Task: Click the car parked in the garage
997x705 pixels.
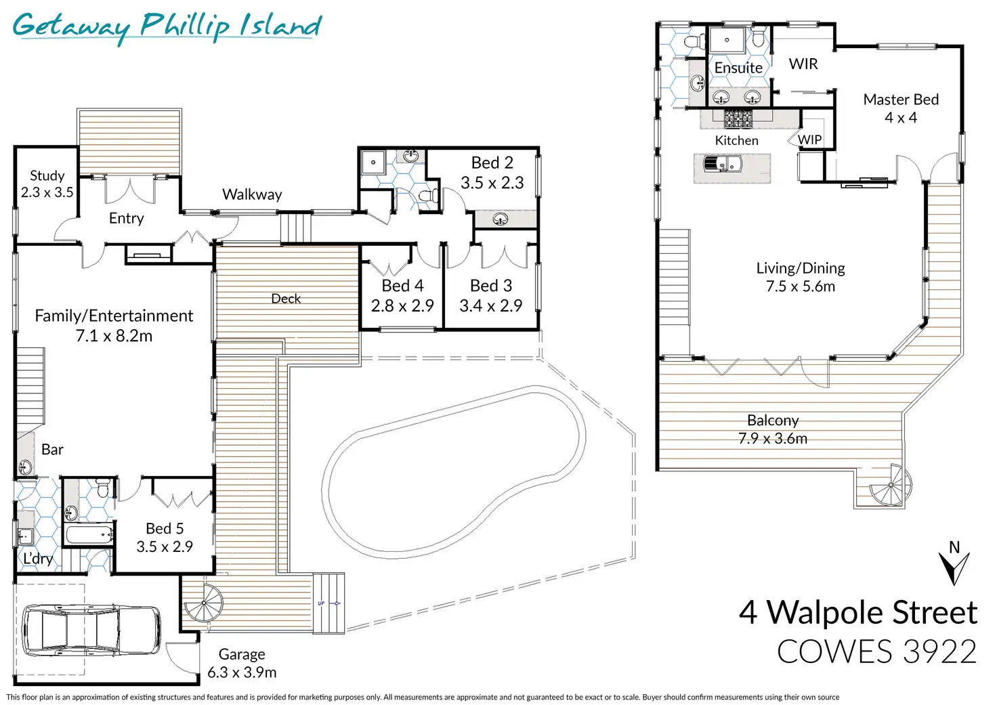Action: pyautogui.click(x=91, y=629)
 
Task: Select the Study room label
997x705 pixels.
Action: pyautogui.click(x=47, y=175)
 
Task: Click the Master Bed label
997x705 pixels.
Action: pyautogui.click(x=901, y=100)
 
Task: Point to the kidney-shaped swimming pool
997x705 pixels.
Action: pyautogui.click(x=453, y=472)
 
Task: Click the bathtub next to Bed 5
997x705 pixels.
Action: pyautogui.click(x=89, y=533)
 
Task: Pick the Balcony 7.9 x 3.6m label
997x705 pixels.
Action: pyautogui.click(x=773, y=429)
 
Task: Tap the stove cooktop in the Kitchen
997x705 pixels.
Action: pyautogui.click(x=738, y=119)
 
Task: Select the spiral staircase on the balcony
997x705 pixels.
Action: pyautogui.click(x=890, y=485)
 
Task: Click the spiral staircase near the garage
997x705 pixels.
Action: pyautogui.click(x=204, y=603)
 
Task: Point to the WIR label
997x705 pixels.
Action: pyautogui.click(x=803, y=64)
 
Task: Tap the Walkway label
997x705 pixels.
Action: pyautogui.click(x=252, y=194)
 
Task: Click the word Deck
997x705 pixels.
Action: pyautogui.click(x=286, y=298)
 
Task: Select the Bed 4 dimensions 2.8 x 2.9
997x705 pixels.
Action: pyautogui.click(x=402, y=305)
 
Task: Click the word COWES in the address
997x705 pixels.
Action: pyautogui.click(x=834, y=651)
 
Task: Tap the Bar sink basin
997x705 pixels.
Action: pyautogui.click(x=25, y=467)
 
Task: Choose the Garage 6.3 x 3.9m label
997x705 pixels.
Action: pyautogui.click(x=242, y=663)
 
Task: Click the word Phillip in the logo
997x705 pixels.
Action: pyautogui.click(x=185, y=26)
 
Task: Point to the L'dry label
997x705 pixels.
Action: pyautogui.click(x=38, y=558)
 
